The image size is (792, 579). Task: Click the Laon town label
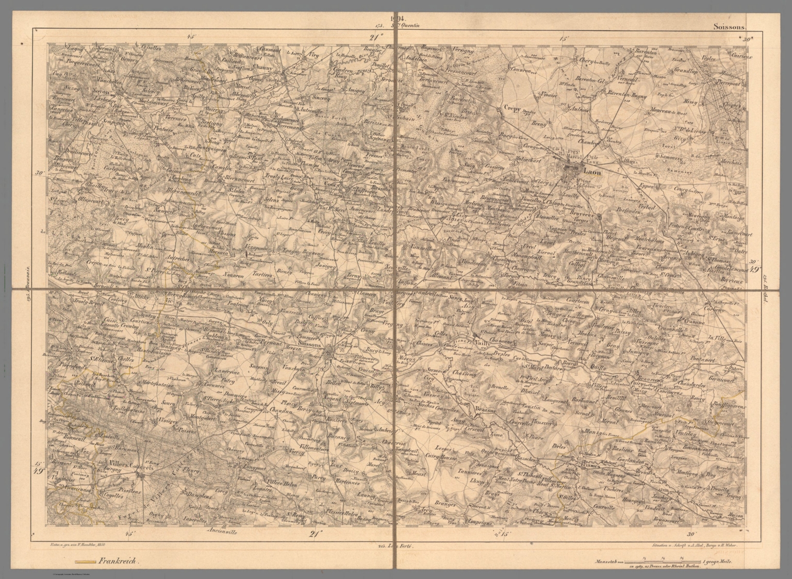pos(591,172)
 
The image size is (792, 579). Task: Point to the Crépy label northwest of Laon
pos(510,109)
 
